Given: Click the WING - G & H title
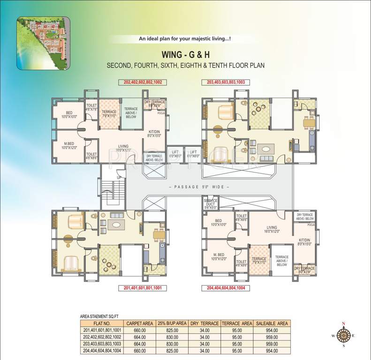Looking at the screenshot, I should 185,53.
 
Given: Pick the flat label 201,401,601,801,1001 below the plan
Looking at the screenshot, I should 142,288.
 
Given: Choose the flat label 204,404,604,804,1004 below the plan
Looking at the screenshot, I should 225,288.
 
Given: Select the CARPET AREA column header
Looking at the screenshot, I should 139,323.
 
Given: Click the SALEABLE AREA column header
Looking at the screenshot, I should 271,323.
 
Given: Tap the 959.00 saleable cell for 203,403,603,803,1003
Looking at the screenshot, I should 271,343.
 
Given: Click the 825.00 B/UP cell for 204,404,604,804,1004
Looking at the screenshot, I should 172,350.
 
